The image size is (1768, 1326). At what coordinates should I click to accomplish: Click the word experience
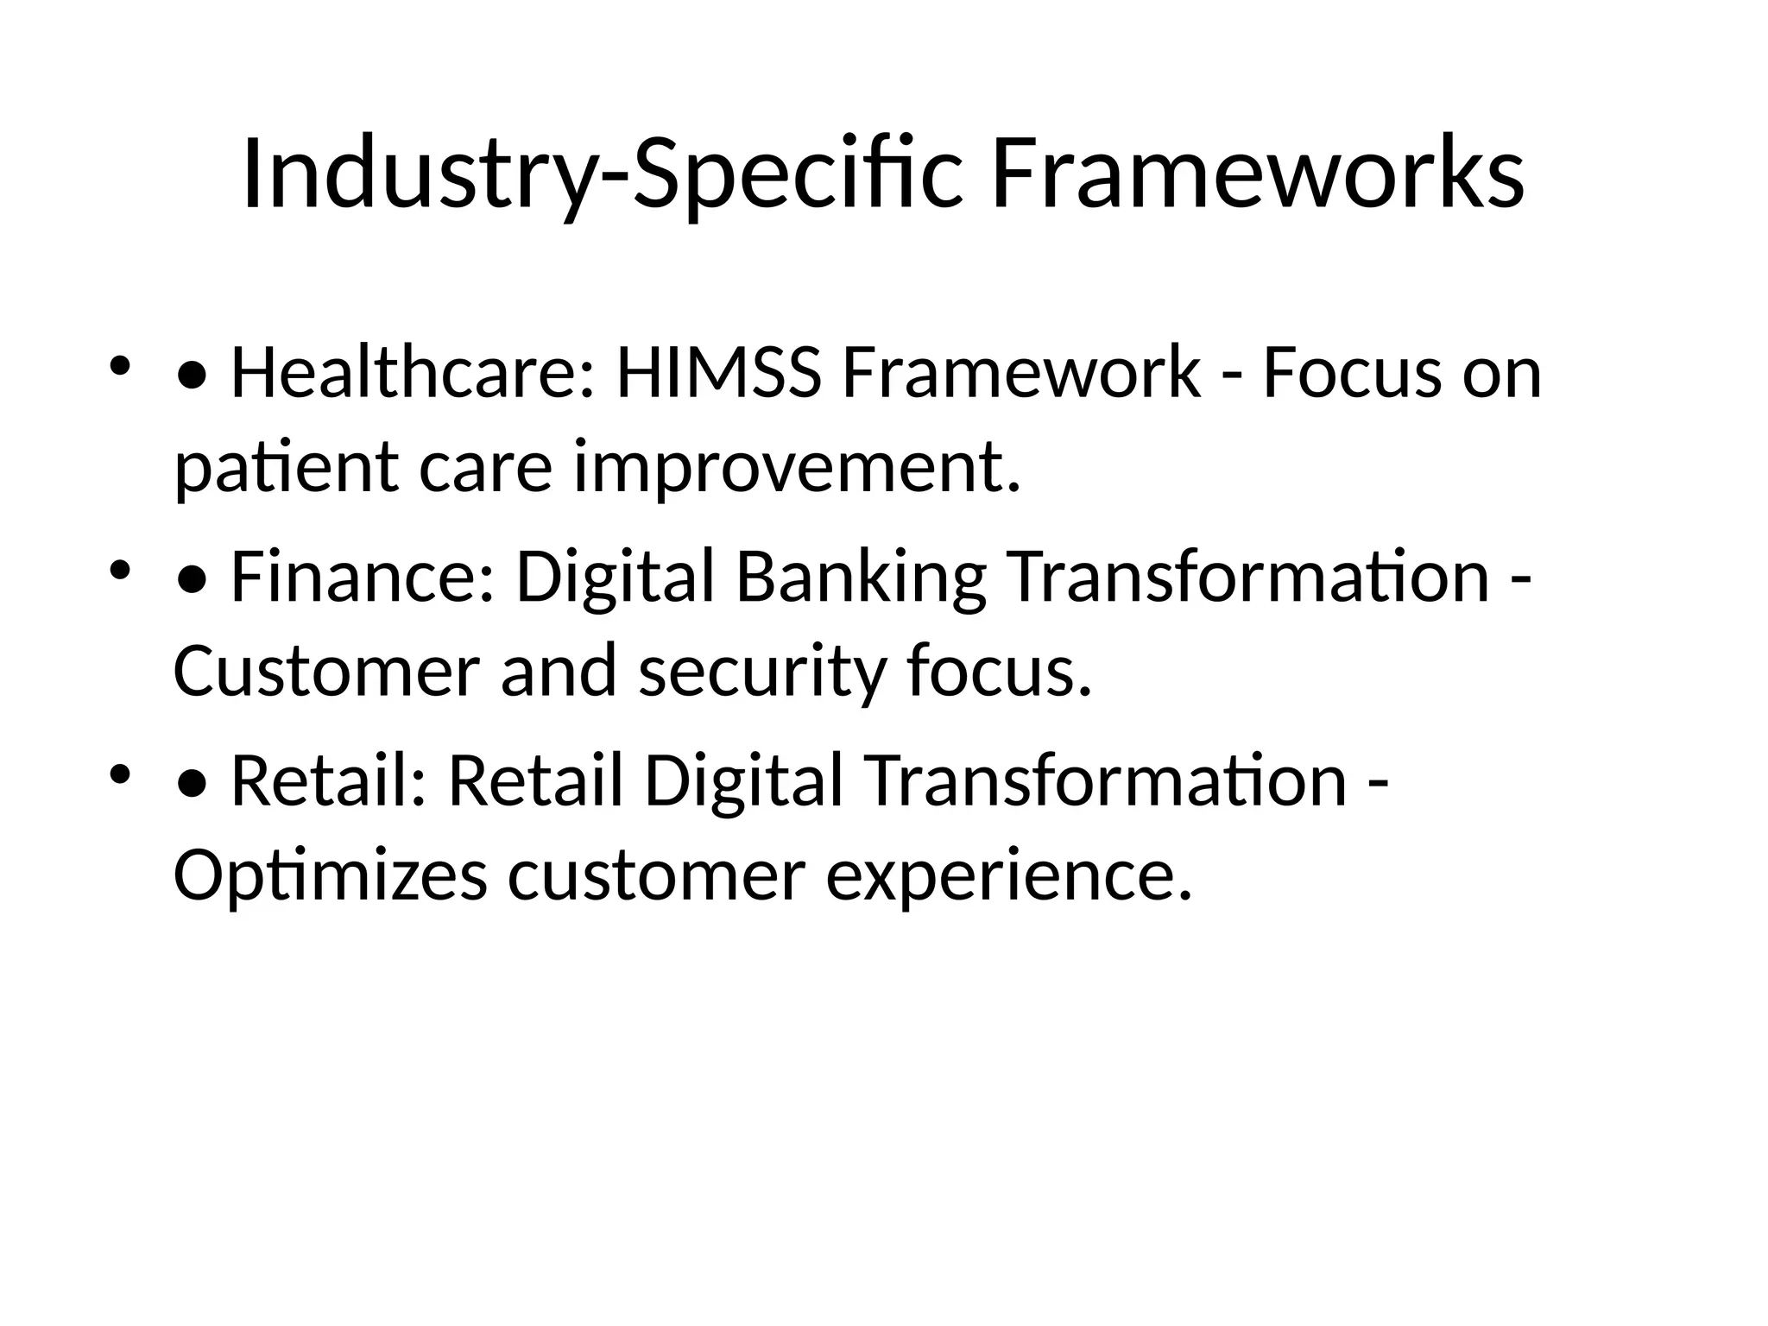coord(1009,876)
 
